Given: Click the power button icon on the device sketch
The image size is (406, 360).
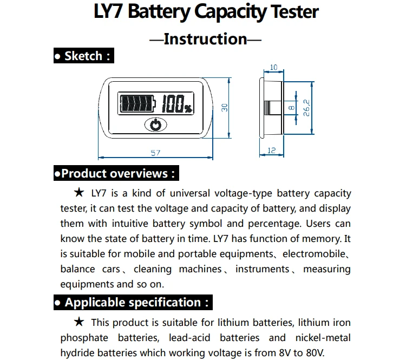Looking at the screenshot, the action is [155, 125].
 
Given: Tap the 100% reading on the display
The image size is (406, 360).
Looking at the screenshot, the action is [177, 103].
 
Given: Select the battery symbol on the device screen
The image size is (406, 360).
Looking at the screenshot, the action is [137, 103].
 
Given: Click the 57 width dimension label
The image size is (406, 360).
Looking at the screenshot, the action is [155, 153].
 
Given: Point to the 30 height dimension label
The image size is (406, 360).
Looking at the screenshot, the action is [225, 108].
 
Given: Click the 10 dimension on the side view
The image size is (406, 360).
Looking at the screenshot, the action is [273, 67].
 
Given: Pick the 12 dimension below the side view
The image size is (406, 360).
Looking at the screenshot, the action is [271, 150].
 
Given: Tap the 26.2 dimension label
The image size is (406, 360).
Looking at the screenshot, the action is [306, 108].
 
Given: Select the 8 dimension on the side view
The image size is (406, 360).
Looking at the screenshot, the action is [291, 108].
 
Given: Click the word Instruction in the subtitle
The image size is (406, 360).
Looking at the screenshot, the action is [205, 39].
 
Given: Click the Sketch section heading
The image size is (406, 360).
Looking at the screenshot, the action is [84, 56].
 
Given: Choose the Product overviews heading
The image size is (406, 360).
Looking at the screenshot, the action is [116, 173].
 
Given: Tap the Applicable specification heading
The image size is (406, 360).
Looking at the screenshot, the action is [133, 302].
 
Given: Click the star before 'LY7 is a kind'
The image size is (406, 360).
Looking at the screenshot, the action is [79, 192].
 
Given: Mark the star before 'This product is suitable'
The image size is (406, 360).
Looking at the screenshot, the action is [79, 322].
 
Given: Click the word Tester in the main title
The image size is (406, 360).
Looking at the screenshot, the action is [294, 12].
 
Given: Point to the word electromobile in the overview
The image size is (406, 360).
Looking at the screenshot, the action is [314, 254].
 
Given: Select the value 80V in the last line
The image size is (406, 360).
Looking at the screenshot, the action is [315, 353].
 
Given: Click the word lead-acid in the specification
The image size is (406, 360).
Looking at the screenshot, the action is [189, 338].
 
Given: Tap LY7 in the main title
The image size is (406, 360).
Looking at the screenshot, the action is [108, 12].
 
